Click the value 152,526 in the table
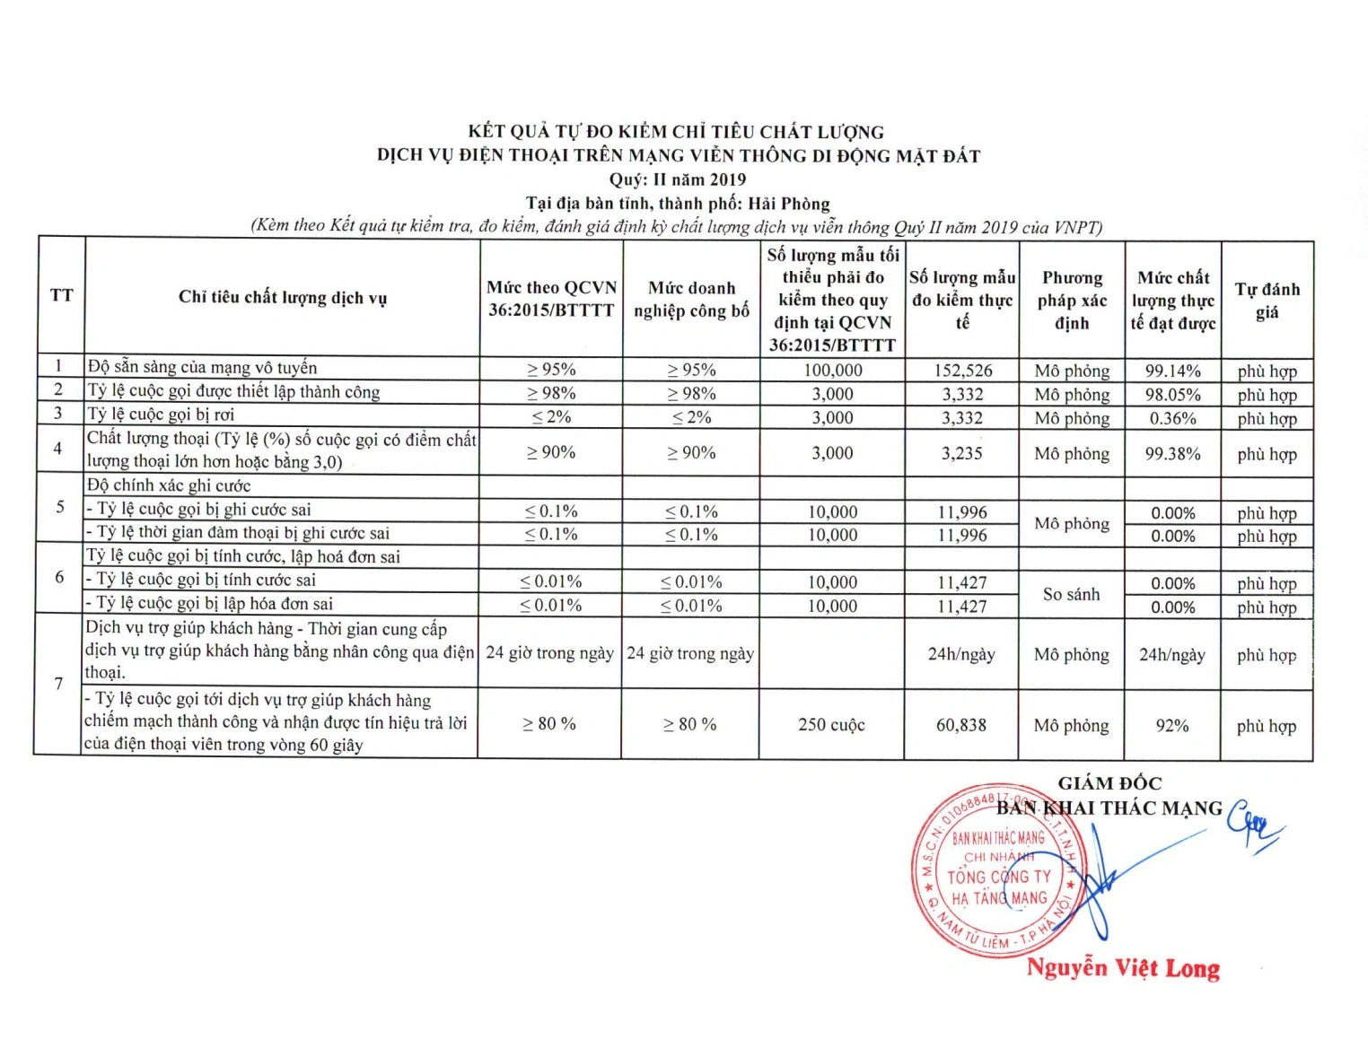(x=961, y=371)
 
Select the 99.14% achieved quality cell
(x=1172, y=371)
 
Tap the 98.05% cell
(x=1172, y=394)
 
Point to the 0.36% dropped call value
(x=1172, y=418)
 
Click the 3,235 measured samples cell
(x=961, y=453)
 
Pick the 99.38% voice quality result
(x=1172, y=453)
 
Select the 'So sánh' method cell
(x=1071, y=594)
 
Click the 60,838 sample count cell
(x=960, y=725)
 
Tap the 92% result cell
(x=1171, y=725)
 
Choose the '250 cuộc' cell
(x=831, y=725)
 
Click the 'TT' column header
(x=61, y=295)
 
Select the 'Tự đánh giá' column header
(x=1267, y=301)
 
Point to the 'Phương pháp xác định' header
(x=1072, y=301)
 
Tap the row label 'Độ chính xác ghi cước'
(x=169, y=486)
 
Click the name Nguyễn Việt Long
(x=1123, y=968)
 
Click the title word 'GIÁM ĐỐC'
(x=1109, y=783)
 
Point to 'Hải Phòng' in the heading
(x=788, y=204)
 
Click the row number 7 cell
(x=58, y=684)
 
